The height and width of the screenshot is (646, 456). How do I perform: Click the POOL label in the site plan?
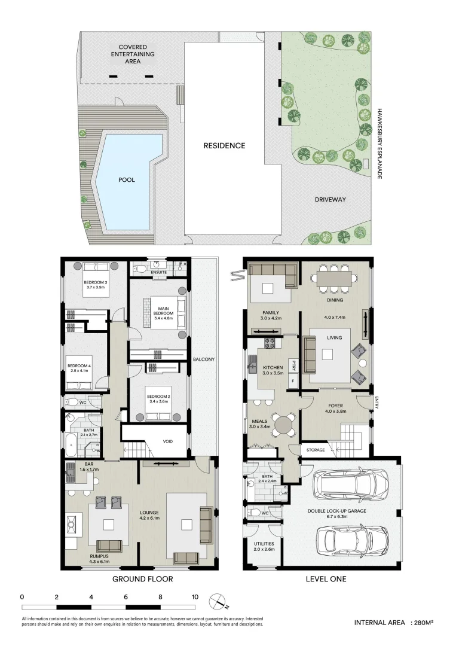(126, 179)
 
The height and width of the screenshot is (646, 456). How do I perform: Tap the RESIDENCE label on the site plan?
(224, 145)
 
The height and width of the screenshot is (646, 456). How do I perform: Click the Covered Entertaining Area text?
(136, 54)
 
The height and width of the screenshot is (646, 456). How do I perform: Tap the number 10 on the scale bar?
(195, 596)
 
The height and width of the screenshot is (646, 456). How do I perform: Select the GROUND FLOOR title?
(138, 579)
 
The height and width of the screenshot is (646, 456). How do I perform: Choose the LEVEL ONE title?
(326, 579)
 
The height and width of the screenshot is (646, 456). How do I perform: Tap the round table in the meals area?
(284, 426)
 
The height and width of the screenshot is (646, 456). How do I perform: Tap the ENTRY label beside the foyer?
(377, 404)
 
